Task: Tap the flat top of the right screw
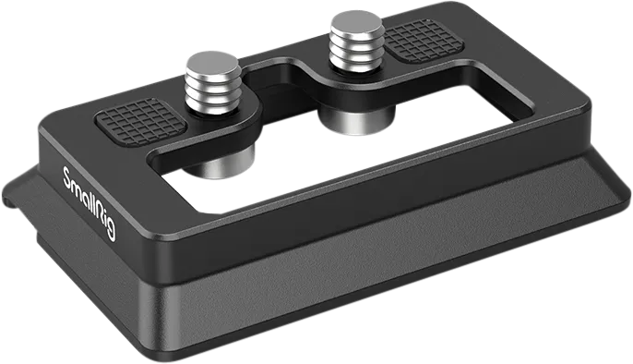pyautogui.click(x=357, y=23)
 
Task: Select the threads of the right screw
pyautogui.click(x=357, y=51)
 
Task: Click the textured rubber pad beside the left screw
pyautogui.click(x=140, y=121)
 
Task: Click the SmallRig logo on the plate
pyautogui.click(x=90, y=203)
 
